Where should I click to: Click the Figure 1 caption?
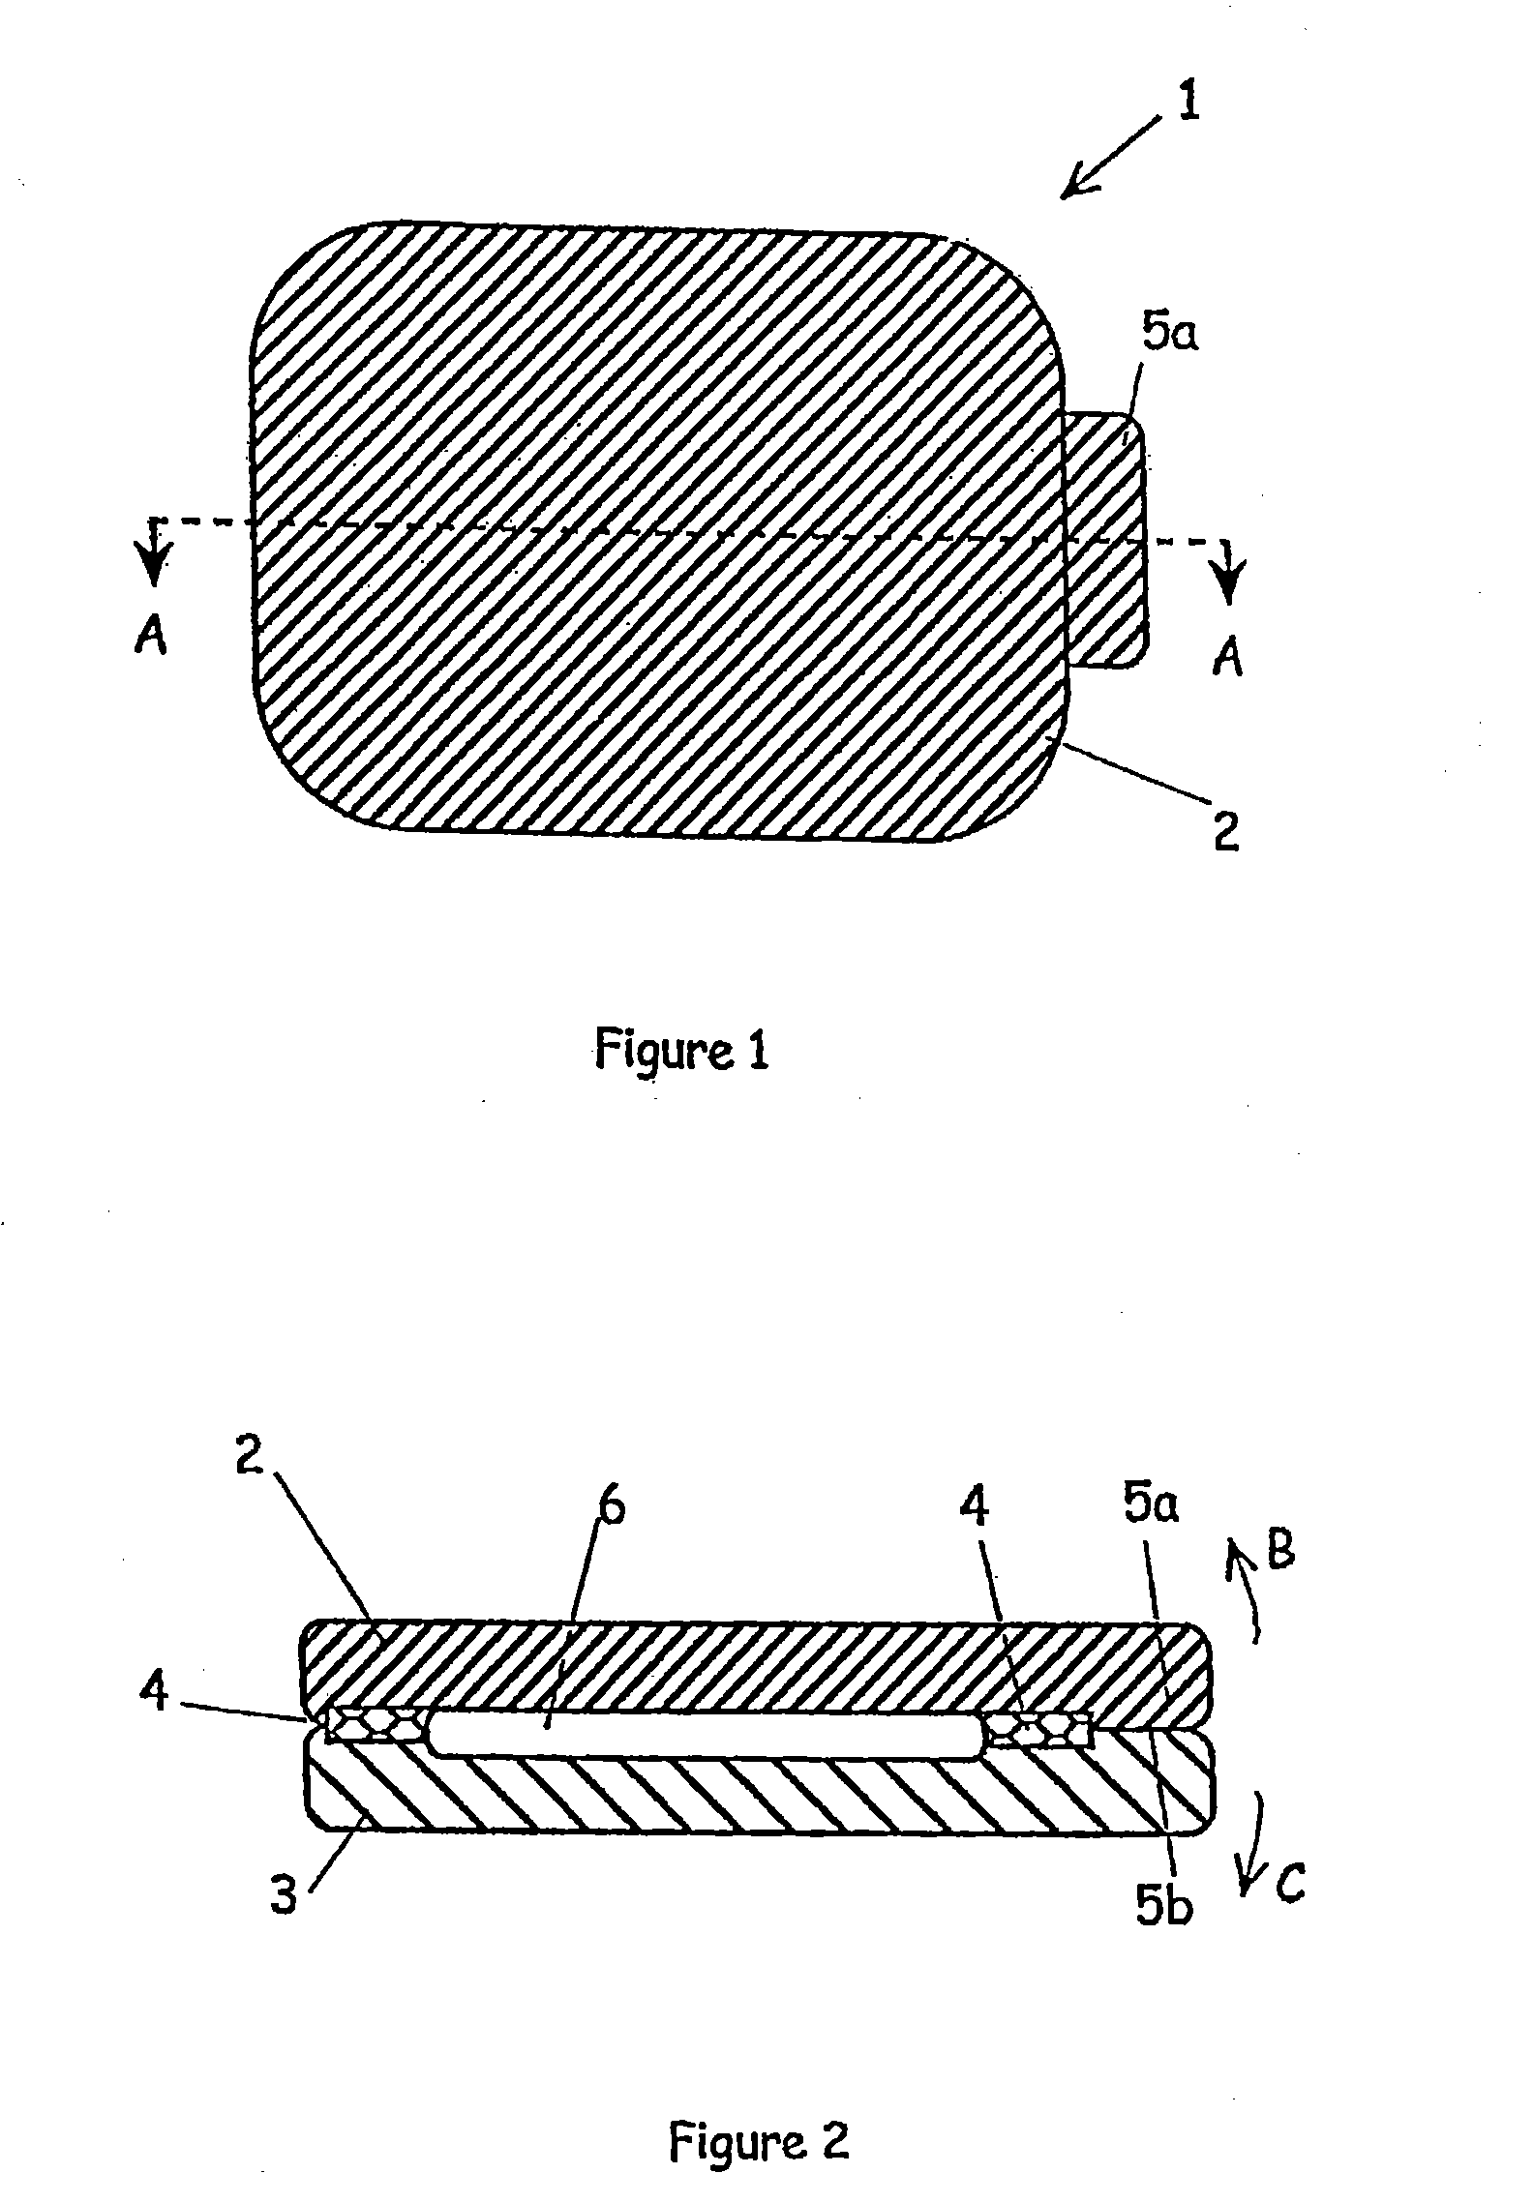pos(681,1049)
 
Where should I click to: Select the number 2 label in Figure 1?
pos(1226,832)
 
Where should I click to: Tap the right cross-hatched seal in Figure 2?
pos(1038,1730)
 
